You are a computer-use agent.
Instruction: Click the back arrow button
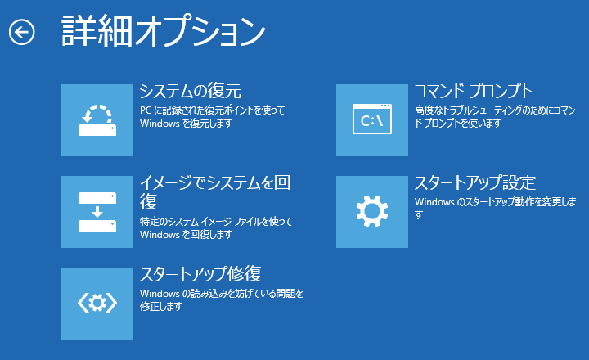[x=22, y=32]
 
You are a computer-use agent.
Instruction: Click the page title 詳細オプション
[x=164, y=31]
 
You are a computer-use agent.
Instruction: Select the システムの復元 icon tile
[x=97, y=120]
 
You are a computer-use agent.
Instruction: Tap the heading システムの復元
[x=191, y=91]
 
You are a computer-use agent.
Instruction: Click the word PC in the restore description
[x=146, y=110]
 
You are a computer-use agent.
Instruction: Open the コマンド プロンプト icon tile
[x=372, y=120]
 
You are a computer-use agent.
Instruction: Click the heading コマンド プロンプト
[x=474, y=91]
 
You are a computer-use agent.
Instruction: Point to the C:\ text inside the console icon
[x=371, y=120]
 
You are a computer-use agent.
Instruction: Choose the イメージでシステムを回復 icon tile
[x=97, y=212]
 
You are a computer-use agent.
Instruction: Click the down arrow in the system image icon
[x=97, y=212]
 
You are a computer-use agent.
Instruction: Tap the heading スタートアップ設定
[x=475, y=182]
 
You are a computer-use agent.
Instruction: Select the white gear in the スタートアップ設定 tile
[x=372, y=211]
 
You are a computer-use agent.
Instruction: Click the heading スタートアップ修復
[x=200, y=274]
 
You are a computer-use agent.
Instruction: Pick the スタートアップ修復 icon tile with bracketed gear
[x=97, y=304]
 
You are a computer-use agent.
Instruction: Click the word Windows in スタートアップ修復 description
[x=160, y=294]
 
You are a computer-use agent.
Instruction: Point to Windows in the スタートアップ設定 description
[x=434, y=202]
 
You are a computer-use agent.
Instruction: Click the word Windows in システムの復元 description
[x=160, y=124]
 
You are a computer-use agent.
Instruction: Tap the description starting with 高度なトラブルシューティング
[x=495, y=116]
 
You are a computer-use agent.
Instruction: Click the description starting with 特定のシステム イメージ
[x=216, y=228]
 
